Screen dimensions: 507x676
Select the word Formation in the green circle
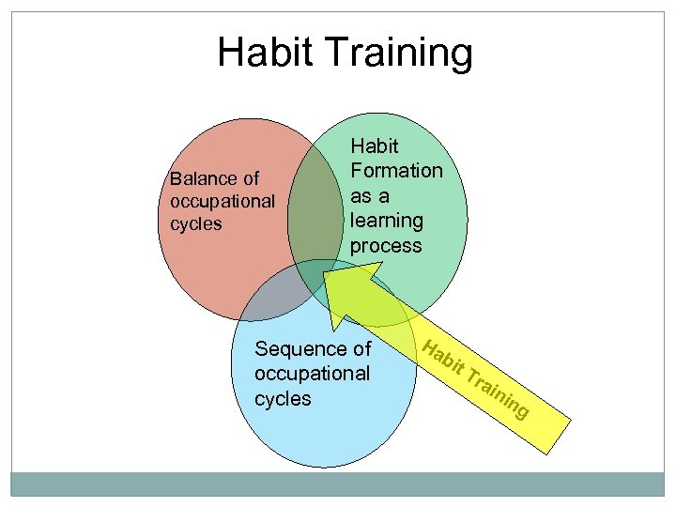(395, 171)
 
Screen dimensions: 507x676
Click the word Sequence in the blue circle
(301, 349)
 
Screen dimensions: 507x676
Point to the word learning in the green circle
(386, 221)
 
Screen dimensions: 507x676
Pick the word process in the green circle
(386, 246)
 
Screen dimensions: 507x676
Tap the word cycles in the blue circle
(283, 398)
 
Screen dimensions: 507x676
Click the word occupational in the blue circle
(312, 374)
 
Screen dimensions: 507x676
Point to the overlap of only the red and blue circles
(273, 299)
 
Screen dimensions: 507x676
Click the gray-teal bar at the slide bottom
(338, 483)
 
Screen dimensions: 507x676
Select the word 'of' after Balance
(250, 178)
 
